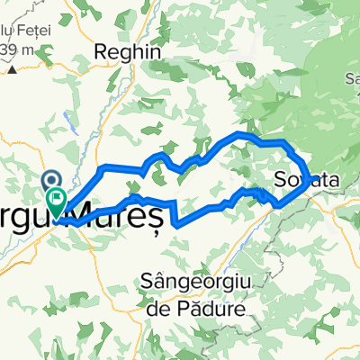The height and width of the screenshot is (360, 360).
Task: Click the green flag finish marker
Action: click(57, 200)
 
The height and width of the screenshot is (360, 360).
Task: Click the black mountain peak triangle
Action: click(11, 67)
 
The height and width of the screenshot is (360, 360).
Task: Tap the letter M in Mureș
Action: click(85, 216)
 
